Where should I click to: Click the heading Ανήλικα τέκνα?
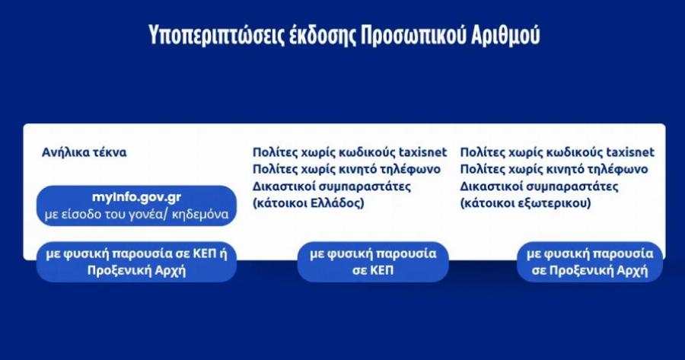point(84,152)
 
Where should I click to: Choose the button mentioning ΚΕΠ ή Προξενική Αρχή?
point(136,262)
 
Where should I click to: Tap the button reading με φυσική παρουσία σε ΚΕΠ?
point(373,262)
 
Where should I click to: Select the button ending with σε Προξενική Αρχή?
point(590,262)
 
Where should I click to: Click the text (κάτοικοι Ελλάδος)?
point(308,203)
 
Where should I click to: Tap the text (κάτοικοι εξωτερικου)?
point(525,203)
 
